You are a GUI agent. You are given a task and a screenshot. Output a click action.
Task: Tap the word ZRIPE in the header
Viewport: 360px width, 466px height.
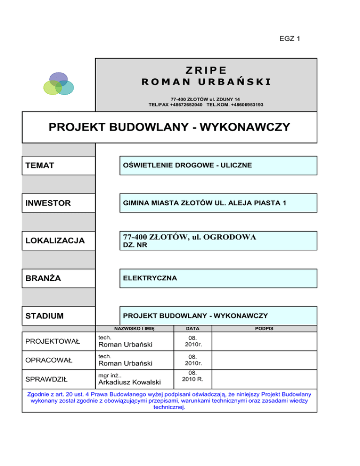206,71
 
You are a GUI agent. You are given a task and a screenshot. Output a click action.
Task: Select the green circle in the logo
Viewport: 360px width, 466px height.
51,87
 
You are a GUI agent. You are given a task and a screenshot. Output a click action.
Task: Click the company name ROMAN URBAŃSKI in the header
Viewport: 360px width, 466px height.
206,83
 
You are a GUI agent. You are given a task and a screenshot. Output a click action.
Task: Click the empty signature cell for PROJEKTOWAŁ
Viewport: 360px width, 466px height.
264,341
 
